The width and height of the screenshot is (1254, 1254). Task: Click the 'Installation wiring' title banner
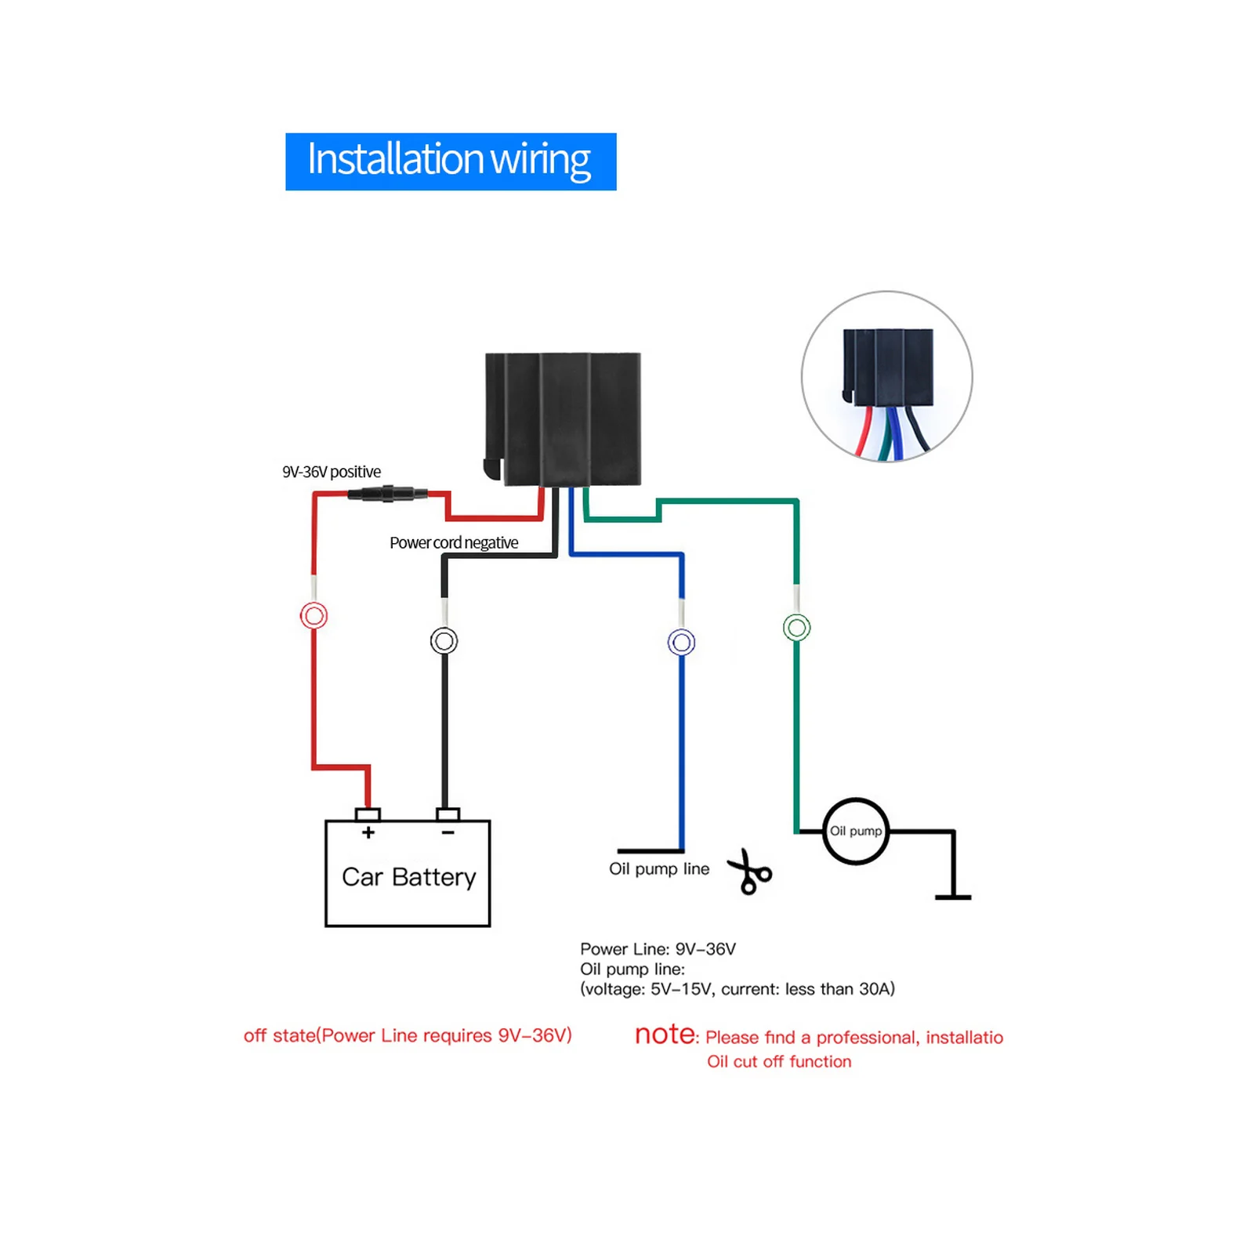[450, 161]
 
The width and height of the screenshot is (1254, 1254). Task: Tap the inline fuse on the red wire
[387, 494]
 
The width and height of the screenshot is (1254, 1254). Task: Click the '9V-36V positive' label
[332, 472]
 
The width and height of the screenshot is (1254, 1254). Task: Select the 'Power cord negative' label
[454, 542]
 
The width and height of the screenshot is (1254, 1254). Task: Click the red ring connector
[313, 615]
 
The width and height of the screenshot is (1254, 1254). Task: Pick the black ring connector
[444, 640]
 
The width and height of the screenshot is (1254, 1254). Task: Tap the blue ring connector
[681, 643]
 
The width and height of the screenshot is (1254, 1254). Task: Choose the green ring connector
[796, 627]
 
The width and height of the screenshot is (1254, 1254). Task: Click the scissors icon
[750, 872]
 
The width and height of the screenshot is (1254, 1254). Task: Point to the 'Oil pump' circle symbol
[855, 831]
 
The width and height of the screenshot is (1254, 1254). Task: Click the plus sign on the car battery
[368, 832]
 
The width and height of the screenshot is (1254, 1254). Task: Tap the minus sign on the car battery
[448, 832]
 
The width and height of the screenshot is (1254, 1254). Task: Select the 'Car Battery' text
[408, 876]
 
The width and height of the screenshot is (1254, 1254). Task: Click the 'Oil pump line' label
[658, 868]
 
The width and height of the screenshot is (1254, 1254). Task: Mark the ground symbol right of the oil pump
[953, 895]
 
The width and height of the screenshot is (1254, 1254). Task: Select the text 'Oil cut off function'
[778, 1061]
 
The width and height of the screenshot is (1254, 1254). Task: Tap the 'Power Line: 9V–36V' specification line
[658, 949]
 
